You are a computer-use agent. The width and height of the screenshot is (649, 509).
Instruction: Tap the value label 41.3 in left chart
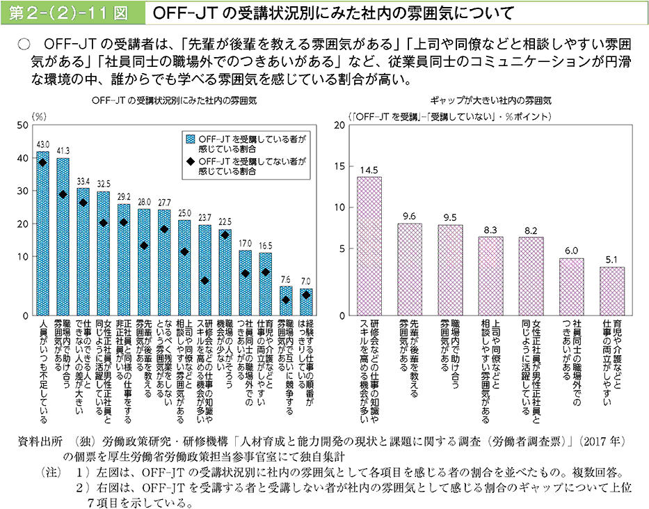coord(63,150)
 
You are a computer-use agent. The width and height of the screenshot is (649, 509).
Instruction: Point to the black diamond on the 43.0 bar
coord(43,162)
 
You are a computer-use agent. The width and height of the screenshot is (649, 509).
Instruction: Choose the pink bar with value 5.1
coord(612,291)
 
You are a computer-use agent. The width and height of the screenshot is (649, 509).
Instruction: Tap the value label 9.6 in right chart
coord(410,216)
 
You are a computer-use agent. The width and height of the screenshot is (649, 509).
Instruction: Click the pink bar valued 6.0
coord(572,287)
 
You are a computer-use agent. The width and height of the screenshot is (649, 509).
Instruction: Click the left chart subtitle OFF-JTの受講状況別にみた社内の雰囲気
coord(175,100)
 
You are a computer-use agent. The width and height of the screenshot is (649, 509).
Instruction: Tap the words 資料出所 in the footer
coord(42,442)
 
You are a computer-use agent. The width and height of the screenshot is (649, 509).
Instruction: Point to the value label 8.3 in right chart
coord(490,229)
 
